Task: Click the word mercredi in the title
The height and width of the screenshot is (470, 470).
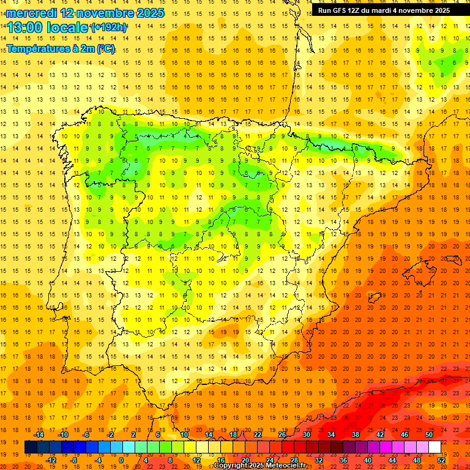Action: [x=32, y=12]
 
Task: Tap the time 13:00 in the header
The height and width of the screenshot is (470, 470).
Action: [x=26, y=28]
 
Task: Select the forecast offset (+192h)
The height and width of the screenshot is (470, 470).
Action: [x=108, y=28]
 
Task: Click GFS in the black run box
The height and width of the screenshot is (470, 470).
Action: [x=338, y=10]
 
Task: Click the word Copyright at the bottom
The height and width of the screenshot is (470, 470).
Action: [x=232, y=466]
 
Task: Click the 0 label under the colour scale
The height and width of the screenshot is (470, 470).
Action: [x=121, y=460]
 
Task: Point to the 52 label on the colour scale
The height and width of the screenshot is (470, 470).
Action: [x=441, y=460]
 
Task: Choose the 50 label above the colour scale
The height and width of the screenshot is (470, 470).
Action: [x=428, y=435]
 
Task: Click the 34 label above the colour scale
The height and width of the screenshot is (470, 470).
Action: [x=331, y=435]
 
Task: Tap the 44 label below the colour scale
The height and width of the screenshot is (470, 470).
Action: [x=392, y=460]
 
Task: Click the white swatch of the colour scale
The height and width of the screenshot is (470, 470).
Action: [x=435, y=447]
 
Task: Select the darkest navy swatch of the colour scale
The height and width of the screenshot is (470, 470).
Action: [x=31, y=447]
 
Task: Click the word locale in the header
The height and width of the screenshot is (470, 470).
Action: [x=67, y=28]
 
